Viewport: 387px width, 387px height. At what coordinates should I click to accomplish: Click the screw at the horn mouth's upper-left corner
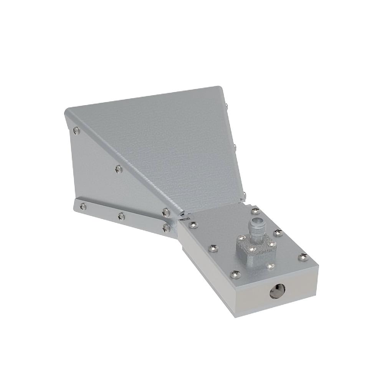76,131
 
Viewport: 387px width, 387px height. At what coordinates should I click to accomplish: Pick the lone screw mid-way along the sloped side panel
119,168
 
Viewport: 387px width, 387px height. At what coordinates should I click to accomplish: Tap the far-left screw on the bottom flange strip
82,207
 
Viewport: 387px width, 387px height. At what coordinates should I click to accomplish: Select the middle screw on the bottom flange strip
121,216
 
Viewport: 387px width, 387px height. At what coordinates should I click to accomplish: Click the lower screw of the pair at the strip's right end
166,228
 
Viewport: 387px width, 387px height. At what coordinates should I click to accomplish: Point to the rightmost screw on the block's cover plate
303,257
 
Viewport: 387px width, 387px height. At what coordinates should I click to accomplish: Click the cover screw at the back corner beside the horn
255,211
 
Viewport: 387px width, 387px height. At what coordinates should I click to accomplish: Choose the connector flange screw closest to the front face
270,265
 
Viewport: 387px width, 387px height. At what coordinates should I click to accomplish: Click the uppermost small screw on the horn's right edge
228,105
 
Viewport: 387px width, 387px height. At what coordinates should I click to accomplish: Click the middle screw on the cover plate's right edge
278,233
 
